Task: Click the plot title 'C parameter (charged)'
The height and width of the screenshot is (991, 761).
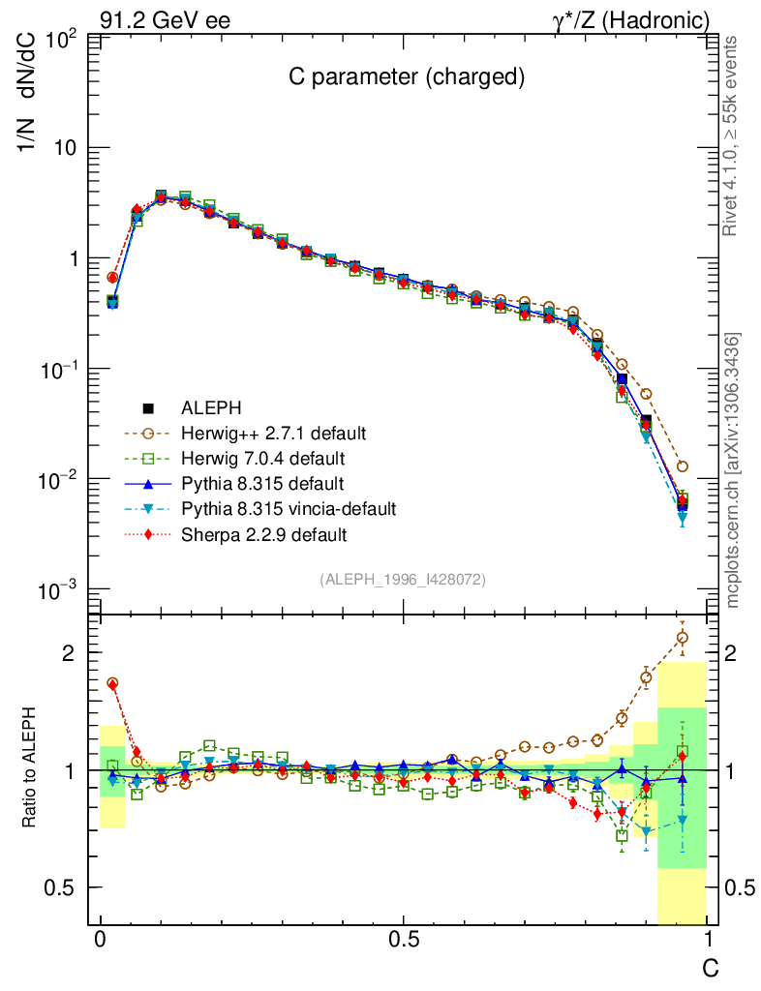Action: tap(407, 78)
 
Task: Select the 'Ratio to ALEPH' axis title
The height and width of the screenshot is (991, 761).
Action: tap(32, 769)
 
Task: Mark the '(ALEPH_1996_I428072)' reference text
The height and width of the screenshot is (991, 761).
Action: tap(403, 579)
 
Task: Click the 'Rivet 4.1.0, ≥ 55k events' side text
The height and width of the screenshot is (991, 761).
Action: tap(732, 136)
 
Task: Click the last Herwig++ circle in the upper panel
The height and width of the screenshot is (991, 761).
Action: tap(683, 466)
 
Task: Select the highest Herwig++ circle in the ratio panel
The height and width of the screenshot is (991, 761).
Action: tap(683, 637)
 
